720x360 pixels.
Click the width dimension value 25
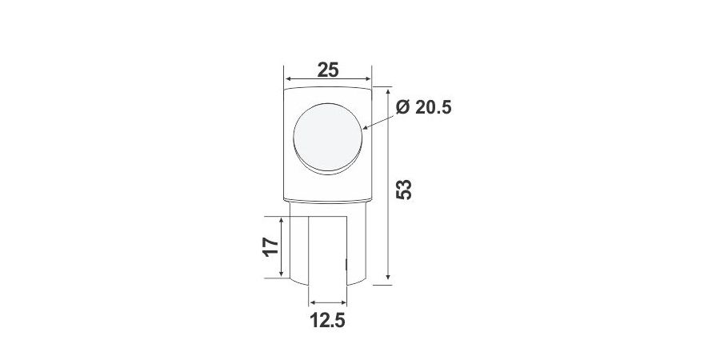(327, 70)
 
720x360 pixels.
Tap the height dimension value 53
(405, 189)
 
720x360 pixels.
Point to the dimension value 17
(270, 247)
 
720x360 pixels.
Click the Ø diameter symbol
(403, 107)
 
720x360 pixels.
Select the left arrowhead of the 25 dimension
(289, 79)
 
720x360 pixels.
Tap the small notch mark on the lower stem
(346, 262)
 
